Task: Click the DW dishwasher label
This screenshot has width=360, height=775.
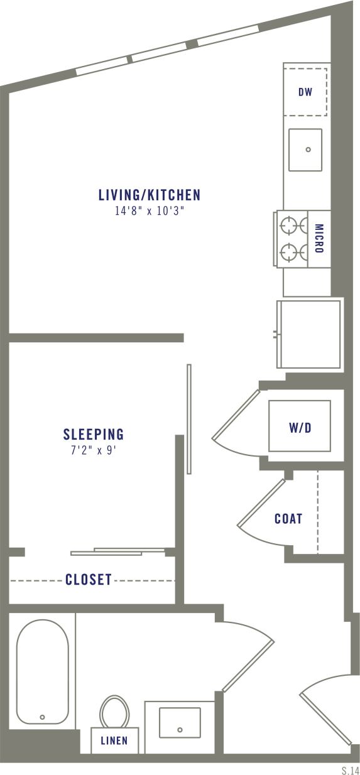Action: pos(305,92)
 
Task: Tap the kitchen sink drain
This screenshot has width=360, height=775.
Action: pos(308,149)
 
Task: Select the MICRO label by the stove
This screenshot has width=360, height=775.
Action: pos(319,239)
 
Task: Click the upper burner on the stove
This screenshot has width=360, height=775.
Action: pos(290,224)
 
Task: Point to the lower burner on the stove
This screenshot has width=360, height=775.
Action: pos(290,252)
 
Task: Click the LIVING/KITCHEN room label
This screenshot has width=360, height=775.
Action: pos(149,195)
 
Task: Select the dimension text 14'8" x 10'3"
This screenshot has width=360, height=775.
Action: pos(149,212)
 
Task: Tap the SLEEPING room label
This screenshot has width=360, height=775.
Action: pos(94,434)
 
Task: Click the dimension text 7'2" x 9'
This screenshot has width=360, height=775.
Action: pos(94,450)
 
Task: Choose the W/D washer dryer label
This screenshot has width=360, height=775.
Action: pos(300,428)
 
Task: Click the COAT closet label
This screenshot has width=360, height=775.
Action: pos(288,519)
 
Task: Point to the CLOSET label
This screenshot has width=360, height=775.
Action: pos(89,580)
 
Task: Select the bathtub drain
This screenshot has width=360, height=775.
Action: pos(43,717)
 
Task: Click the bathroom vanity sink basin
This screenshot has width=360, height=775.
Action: pos(180,722)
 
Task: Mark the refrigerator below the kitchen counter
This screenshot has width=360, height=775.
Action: pos(310,333)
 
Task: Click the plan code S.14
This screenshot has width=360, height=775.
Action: pos(350,769)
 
